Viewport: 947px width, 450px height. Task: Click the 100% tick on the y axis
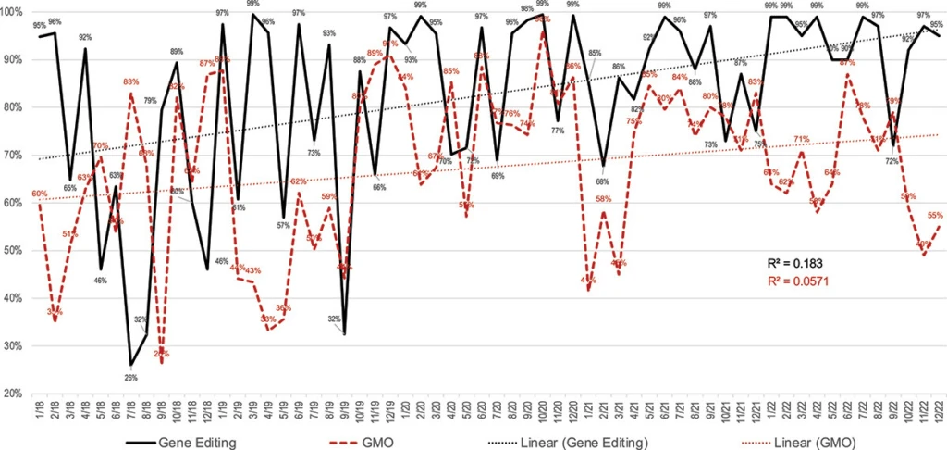pos(13,11)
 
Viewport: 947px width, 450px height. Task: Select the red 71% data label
pos(801,140)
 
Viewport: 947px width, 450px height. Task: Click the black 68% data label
pos(603,181)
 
